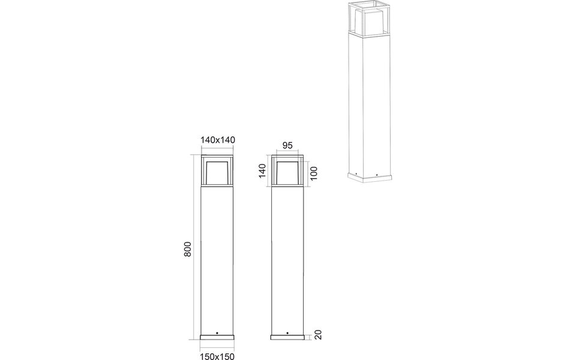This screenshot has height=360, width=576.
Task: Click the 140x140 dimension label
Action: tap(217, 139)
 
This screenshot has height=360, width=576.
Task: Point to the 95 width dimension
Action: tap(287, 146)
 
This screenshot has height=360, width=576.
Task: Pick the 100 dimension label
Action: tap(313, 174)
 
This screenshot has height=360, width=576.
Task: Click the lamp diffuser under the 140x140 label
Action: tap(217, 172)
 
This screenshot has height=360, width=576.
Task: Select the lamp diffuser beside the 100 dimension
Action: tap(287, 172)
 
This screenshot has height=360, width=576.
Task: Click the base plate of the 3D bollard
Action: tap(369, 177)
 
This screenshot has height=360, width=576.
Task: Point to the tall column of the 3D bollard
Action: tap(369, 102)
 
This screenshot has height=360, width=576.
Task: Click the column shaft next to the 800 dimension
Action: tap(217, 258)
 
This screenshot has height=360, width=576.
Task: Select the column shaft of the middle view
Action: tap(287, 258)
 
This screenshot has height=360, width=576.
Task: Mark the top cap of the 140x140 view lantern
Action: tap(217, 158)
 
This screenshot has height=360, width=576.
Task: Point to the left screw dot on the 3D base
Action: tap(356, 175)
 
